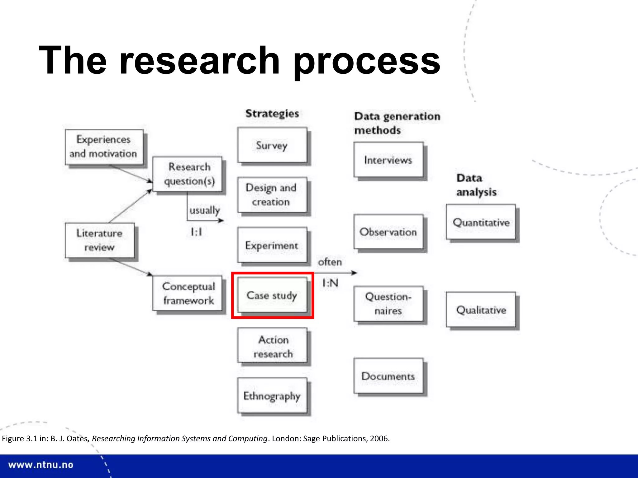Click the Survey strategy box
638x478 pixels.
(x=272, y=145)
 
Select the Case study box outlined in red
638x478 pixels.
(x=272, y=295)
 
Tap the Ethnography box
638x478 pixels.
(x=272, y=396)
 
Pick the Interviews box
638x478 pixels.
(x=388, y=160)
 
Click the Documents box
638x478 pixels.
(x=388, y=376)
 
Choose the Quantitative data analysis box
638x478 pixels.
(x=481, y=222)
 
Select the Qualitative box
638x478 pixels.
(x=481, y=310)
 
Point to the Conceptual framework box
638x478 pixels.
(x=188, y=293)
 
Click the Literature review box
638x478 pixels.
(x=100, y=240)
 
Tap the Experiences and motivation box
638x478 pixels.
(x=104, y=147)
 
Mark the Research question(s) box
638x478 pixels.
(x=188, y=174)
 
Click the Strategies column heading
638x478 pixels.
(x=272, y=114)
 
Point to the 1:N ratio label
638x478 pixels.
(x=330, y=283)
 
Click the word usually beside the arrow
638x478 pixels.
(x=205, y=210)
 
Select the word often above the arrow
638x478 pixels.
(x=330, y=262)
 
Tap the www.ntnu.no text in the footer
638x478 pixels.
(x=41, y=465)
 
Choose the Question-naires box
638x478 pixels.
(x=388, y=304)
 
